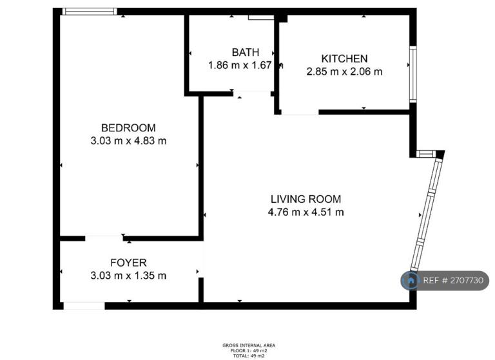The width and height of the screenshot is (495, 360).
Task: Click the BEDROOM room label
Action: click(128, 128)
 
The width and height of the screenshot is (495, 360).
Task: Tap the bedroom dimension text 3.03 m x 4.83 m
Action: click(128, 140)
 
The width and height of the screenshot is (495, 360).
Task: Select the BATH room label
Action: click(246, 52)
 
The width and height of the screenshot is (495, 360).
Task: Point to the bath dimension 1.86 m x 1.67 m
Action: click(245, 65)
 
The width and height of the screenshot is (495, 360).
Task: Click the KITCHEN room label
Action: click(344, 59)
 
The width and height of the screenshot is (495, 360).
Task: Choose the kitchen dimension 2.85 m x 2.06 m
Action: click(344, 71)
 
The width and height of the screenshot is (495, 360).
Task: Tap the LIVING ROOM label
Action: click(306, 199)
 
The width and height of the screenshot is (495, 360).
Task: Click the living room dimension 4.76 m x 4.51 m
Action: click(306, 212)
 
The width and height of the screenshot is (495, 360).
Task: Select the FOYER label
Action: click(128, 263)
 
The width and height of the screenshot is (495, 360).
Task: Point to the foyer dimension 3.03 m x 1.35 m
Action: click(128, 276)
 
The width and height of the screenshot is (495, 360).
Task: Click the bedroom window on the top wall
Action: click(90, 12)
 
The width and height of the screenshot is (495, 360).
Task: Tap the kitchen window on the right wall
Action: click(412, 74)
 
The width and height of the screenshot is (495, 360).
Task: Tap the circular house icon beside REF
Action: click(410, 281)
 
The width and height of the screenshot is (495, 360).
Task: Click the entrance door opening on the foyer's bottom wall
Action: click(84, 305)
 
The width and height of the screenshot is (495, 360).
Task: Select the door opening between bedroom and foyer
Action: click(104, 238)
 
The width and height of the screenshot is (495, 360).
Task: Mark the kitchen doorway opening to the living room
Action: click(300, 112)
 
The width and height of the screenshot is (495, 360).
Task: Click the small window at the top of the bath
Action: click(261, 18)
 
